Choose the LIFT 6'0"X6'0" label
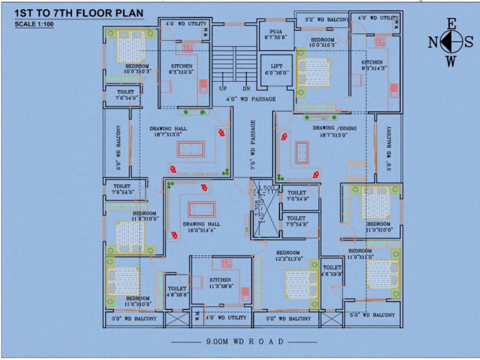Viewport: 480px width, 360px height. pos(277,69)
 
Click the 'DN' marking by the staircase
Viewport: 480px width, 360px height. pos(246,88)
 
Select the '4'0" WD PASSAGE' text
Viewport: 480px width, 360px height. pos(251,99)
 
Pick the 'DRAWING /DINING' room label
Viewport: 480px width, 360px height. pos(335,128)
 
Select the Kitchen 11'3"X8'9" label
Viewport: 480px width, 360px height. pos(222,283)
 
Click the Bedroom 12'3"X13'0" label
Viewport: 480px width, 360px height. pos(288,256)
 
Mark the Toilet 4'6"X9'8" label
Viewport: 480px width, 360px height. pos(332,270)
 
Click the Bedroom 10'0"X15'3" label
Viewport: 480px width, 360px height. pos(323,41)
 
